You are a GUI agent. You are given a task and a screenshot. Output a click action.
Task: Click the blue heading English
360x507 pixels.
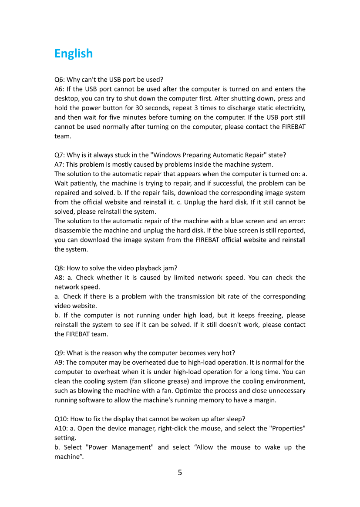(74, 54)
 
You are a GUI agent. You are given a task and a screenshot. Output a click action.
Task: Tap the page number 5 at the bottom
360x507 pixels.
(180, 473)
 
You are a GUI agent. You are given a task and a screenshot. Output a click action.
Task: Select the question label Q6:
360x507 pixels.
(60, 80)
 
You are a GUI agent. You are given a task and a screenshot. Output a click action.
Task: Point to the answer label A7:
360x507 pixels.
(59, 164)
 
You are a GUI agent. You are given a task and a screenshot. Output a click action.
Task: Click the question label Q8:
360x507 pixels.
(60, 268)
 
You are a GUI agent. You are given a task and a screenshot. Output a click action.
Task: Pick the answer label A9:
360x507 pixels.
(59, 363)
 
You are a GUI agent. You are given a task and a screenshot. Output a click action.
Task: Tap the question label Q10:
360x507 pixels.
(61, 419)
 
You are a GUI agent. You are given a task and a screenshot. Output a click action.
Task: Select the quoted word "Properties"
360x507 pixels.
(288, 429)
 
